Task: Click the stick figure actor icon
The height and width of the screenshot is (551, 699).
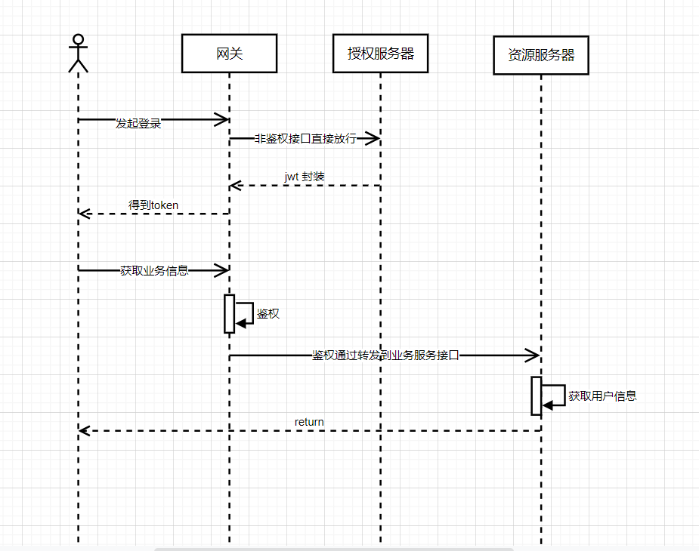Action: point(78,53)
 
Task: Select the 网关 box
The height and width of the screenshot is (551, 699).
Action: point(229,54)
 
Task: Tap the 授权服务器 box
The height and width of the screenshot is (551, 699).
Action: point(380,54)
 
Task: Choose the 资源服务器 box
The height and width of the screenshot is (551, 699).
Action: point(540,56)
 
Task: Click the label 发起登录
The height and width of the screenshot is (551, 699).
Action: point(138,123)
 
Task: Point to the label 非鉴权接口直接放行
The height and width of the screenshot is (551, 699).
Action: point(305,139)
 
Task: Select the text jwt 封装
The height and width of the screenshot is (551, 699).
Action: point(305,177)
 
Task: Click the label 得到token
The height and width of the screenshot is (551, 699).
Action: point(153,205)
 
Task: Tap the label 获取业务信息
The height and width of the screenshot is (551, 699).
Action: point(154,270)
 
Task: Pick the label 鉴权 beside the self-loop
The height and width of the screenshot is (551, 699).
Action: point(268,313)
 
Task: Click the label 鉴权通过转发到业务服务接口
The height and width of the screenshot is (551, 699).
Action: point(385,355)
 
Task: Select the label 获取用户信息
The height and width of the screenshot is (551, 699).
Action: point(602,396)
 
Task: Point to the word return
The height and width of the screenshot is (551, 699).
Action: point(309,422)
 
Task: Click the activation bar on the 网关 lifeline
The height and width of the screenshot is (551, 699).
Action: point(229,313)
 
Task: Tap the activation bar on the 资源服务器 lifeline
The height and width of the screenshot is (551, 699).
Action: point(536,396)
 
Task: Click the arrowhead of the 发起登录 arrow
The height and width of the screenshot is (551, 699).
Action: point(223,119)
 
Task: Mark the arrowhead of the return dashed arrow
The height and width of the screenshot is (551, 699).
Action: point(84,430)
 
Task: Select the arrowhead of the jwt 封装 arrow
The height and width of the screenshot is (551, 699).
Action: point(235,185)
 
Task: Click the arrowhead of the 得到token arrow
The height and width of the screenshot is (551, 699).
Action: point(84,214)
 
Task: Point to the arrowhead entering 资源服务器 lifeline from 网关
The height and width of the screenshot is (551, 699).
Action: point(534,355)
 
